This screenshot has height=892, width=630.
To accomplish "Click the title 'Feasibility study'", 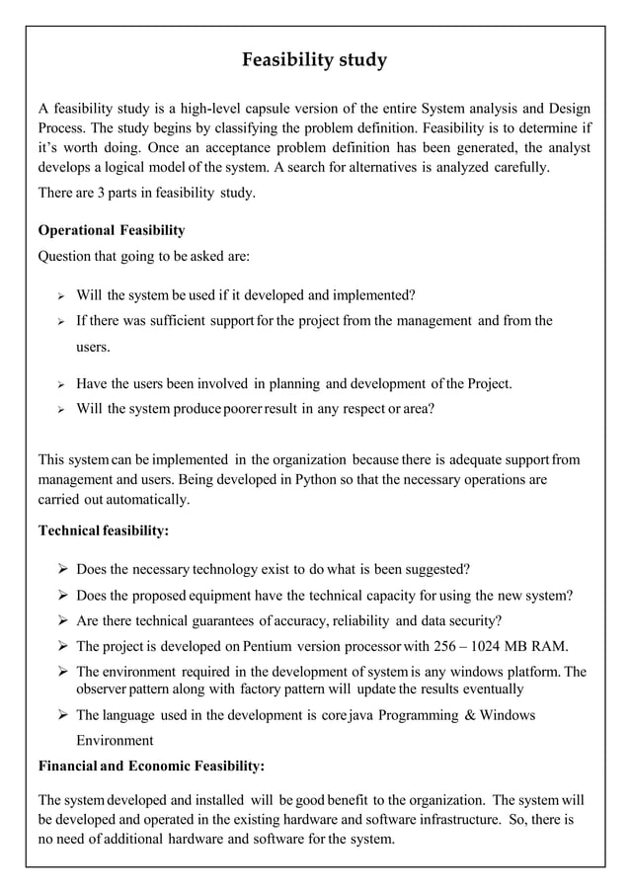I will click(x=314, y=61).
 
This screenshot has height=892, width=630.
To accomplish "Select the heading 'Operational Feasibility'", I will click(x=111, y=230).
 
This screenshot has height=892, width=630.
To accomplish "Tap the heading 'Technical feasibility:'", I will click(x=103, y=530).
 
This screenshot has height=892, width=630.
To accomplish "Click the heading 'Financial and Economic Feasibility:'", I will click(x=150, y=765).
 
